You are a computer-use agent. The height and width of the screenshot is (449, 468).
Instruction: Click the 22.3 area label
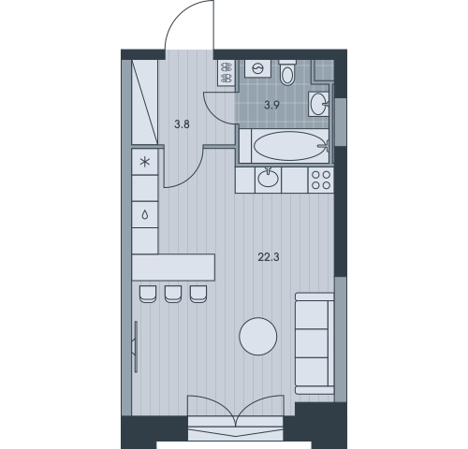pos(269,257)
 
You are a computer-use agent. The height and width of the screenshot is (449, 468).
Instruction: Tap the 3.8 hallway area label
pos(182,124)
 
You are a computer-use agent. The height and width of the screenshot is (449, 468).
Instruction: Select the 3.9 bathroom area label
pos(271,105)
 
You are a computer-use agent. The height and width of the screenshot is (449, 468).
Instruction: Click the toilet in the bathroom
pos(287,73)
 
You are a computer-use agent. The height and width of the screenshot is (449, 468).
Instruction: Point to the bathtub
pos(289,146)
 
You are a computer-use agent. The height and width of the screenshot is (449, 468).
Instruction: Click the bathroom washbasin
pos(318,104)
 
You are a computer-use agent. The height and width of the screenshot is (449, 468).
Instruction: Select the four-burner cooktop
pos(321,180)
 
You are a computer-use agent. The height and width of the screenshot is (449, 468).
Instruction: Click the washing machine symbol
pos(257,68)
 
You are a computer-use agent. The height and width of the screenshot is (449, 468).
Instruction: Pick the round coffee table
pos(258,336)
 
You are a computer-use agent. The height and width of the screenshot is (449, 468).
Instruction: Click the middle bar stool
pos(173,294)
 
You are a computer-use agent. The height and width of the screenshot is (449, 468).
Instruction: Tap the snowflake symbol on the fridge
pos(145,162)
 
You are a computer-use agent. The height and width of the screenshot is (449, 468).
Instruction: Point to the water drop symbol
pos(145,215)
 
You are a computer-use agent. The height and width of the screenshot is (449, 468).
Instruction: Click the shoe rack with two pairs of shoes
pos(227,73)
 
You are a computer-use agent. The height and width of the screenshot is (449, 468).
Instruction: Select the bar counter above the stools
pos(173,268)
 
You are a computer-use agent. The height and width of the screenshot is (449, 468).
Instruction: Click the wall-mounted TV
pos(136,347)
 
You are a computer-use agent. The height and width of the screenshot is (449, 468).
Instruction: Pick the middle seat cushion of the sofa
pos(312,343)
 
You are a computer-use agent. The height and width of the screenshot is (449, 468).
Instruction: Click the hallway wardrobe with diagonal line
pos(145,102)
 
